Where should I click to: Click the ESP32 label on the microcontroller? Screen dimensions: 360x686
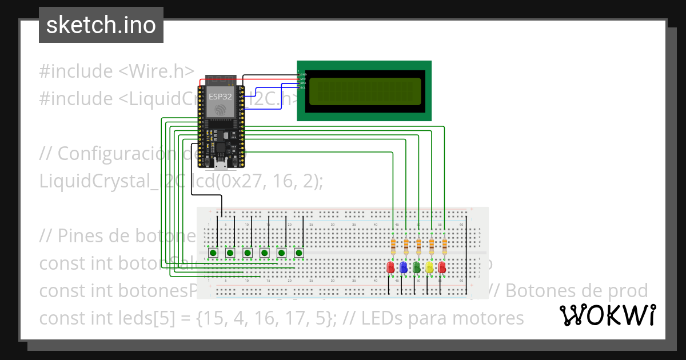[220, 97]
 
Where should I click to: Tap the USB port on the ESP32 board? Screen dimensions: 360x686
[220, 166]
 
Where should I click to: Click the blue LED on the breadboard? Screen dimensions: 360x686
[404, 267]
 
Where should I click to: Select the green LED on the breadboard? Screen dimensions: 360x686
[416, 267]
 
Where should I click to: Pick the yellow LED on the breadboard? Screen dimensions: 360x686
[429, 267]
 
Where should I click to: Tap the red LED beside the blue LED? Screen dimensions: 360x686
[391, 267]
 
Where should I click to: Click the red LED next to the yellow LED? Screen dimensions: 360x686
[442, 267]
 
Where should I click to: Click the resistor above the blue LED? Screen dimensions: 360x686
[406, 246]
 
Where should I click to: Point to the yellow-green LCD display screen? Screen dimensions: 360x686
[365, 90]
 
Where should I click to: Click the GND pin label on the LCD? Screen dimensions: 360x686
[303, 75]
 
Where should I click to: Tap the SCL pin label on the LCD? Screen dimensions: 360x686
[302, 88]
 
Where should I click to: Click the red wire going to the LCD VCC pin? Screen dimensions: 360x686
[269, 79]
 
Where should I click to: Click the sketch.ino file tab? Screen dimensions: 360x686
[101, 25]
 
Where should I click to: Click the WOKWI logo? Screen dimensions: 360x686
[608, 314]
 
